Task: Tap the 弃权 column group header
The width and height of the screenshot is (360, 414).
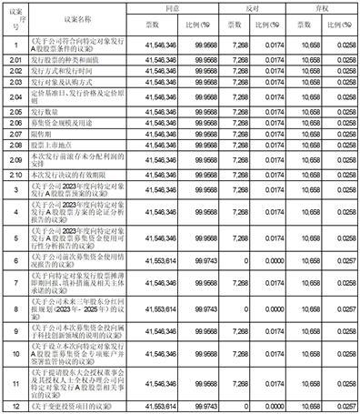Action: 322,7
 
